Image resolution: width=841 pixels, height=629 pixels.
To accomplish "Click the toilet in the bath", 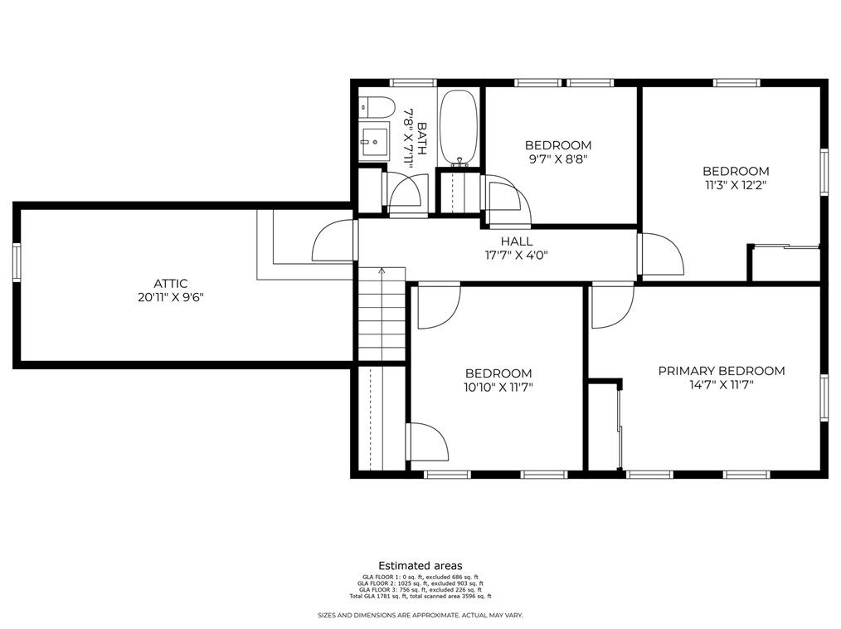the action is [x=377, y=107].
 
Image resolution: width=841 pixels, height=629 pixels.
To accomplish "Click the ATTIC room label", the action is [x=171, y=283].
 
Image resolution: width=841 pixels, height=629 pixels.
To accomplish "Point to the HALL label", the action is [x=517, y=241].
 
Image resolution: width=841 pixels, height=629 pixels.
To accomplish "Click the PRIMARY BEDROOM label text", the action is [x=722, y=371].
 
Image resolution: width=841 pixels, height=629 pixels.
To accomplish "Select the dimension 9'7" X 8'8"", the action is [x=558, y=158].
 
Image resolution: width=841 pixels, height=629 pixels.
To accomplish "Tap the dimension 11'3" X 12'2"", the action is [x=736, y=185].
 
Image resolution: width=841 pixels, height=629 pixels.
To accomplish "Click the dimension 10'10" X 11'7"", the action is [x=498, y=387].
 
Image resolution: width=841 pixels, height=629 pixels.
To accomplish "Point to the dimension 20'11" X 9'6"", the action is [x=171, y=297].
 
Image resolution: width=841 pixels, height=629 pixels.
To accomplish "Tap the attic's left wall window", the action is [x=17, y=262].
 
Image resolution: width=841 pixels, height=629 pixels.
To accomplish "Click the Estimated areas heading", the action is [x=420, y=566].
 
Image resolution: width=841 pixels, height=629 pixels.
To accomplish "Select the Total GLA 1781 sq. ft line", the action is [x=420, y=597].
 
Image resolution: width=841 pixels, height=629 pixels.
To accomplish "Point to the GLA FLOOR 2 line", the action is [x=420, y=583].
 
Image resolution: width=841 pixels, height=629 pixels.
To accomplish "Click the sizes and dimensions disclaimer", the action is [x=420, y=616].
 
